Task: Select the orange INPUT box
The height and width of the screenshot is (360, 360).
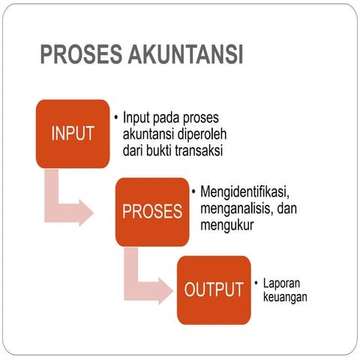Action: pos(73,133)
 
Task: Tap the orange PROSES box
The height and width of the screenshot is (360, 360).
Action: pos(152,211)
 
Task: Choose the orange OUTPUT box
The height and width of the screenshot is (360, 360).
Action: pos(214,289)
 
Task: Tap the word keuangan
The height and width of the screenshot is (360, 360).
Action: pos(286,298)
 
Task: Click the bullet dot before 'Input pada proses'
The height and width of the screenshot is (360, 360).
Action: pos(116,118)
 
